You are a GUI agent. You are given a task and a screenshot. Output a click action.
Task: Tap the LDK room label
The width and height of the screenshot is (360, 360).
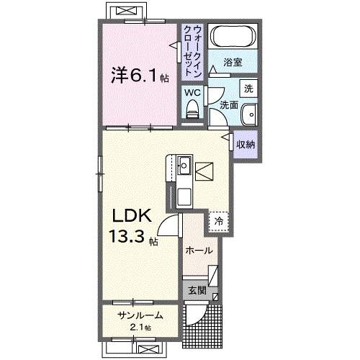pos(130,215)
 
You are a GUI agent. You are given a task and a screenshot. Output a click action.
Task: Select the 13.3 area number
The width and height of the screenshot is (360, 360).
pos(127,237)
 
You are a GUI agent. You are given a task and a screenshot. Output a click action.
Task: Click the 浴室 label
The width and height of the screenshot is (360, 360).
pos(232,63)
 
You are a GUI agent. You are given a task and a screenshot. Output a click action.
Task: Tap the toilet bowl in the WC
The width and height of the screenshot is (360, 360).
pos(192,108)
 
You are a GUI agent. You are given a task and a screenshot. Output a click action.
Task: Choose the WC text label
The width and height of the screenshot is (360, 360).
pos(191,91)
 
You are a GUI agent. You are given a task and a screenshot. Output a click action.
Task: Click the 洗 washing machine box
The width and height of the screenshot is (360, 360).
pos(248,89)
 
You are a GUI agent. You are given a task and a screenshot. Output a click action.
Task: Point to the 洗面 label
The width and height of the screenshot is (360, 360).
pos(228,105)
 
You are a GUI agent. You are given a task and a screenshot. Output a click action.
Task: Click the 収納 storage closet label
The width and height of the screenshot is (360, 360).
pos(246,144)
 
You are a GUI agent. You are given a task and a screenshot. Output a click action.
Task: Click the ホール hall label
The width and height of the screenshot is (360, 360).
pos(199,251)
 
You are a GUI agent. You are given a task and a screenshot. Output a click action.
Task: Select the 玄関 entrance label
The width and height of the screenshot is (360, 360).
pos(198,291)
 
